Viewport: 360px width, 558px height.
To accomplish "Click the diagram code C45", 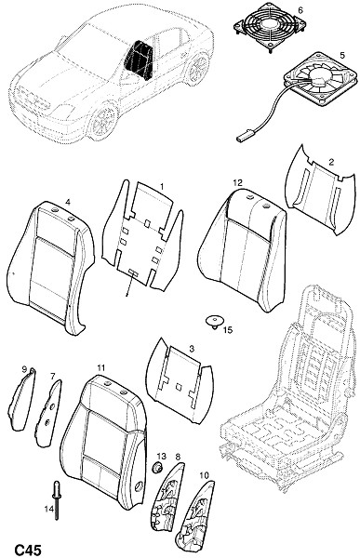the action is tap(28, 549).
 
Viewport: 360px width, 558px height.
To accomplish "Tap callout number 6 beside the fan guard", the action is tap(300, 10).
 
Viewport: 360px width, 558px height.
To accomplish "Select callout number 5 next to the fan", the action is tap(342, 55).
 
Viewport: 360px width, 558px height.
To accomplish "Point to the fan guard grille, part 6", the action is tap(270, 27).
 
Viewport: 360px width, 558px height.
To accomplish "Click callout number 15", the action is tap(228, 330).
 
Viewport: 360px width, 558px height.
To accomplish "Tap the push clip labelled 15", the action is tap(214, 322).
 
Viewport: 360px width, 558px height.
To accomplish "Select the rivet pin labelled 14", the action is tap(56, 500).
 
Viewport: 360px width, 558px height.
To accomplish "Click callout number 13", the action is tap(161, 456).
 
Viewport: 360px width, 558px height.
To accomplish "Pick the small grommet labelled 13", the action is tap(156, 466).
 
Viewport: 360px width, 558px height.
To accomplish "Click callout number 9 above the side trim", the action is tap(24, 369).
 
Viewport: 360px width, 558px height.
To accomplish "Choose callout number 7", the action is tap(53, 376).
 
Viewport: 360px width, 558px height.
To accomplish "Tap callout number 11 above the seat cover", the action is tap(101, 367).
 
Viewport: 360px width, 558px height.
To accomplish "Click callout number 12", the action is tap(237, 182).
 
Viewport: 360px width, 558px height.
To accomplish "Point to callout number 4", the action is tap(68, 202).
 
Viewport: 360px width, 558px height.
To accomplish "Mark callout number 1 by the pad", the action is tap(162, 187).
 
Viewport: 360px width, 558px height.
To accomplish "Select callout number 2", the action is tap(331, 162).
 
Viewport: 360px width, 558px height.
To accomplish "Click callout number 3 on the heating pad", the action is tap(192, 349).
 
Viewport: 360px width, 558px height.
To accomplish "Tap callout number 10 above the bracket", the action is tap(205, 475).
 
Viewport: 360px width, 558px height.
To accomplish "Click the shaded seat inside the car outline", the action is tap(139, 60).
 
